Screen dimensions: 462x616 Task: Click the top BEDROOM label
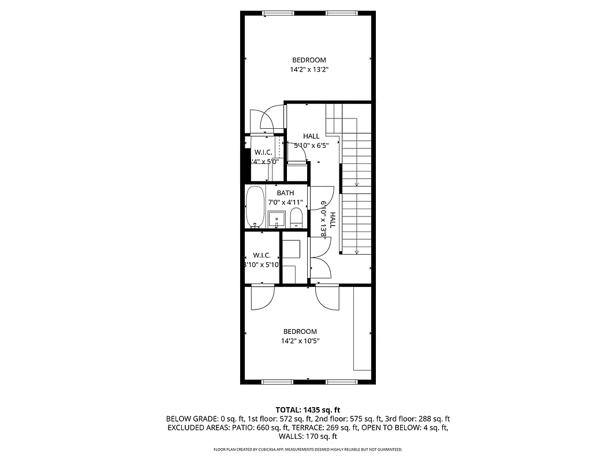coord(309,60)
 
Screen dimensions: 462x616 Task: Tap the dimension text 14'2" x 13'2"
coord(309,70)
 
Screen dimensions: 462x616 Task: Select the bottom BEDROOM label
coord(300,331)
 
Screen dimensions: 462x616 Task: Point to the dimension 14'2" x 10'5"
coord(300,341)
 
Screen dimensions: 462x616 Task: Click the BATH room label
coord(285,193)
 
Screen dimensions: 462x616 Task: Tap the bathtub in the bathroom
coord(255,207)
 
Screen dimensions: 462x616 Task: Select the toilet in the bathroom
coord(296,218)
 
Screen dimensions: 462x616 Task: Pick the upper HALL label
coord(311,136)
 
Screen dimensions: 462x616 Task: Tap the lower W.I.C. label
coord(262,255)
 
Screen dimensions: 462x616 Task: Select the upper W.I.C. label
coord(263,152)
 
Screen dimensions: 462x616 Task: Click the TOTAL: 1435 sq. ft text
coord(308,409)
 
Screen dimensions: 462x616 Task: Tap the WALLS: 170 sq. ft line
coord(308,437)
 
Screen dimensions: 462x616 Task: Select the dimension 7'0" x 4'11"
coord(286,202)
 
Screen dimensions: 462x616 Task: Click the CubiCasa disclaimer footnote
coord(308,449)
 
